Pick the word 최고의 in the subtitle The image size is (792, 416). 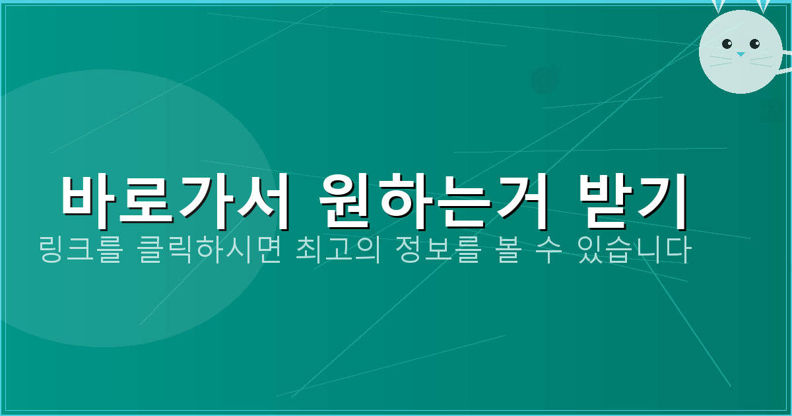coord(343,252)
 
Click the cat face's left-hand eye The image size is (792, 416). coord(727,44)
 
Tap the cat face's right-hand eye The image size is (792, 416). coord(754,44)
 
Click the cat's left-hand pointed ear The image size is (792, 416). coord(718,6)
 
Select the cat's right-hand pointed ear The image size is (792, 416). coord(763,6)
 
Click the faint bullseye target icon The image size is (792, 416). coord(545,79)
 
